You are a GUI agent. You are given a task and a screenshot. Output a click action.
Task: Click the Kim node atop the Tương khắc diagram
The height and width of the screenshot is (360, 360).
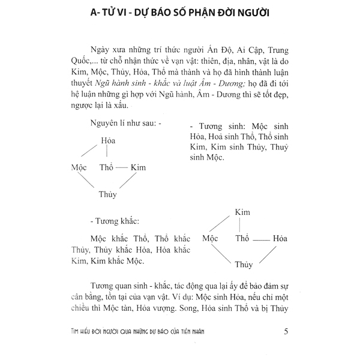coord(242,212)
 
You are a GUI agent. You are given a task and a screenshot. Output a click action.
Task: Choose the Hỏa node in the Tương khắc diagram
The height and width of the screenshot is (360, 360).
coord(280,238)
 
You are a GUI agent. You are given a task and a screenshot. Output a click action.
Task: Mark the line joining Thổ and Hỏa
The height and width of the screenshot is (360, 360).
coord(260,238)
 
